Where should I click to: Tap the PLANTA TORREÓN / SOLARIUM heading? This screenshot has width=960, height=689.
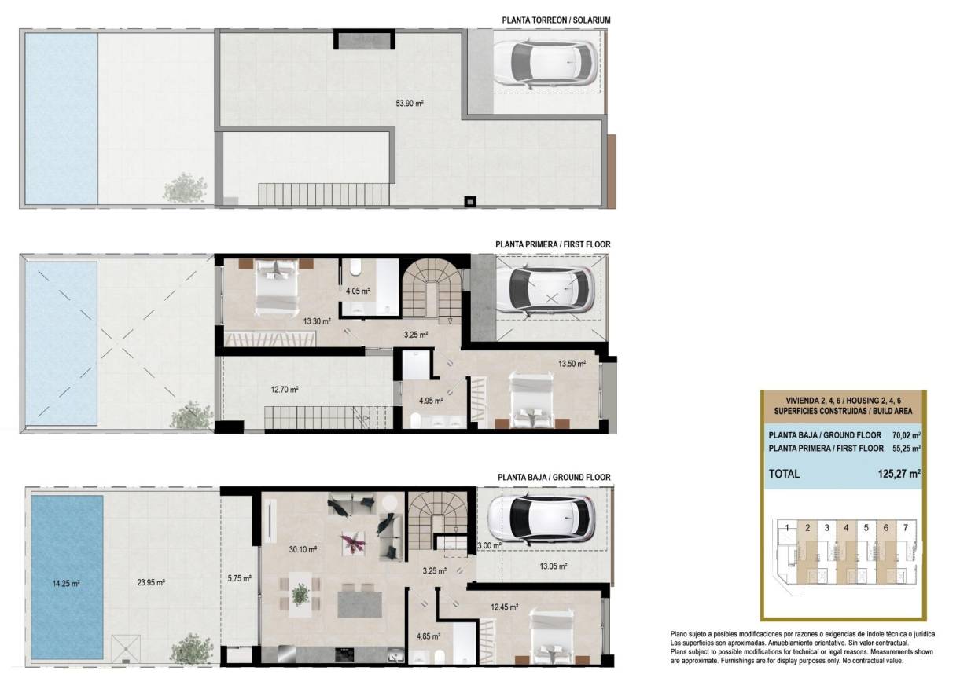555,20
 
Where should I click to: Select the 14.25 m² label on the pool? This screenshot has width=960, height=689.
67,583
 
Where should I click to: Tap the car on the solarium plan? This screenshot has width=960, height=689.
543,63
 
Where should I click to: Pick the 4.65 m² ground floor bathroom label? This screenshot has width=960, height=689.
428,637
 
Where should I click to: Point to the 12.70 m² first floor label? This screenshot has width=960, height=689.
284,389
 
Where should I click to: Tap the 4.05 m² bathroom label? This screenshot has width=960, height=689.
358,291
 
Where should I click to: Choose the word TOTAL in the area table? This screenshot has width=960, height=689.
784,474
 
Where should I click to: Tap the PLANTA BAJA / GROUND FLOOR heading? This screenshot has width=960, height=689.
554,477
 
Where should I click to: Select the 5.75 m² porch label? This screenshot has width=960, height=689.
239,579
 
